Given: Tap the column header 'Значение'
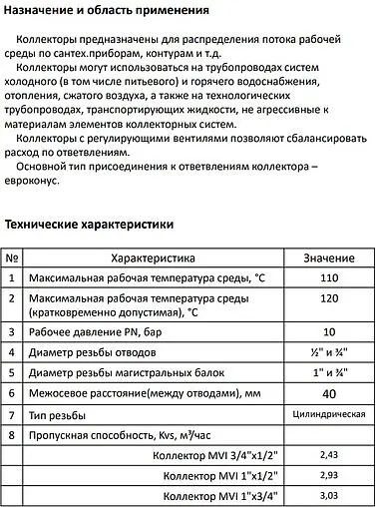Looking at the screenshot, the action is tap(330, 256).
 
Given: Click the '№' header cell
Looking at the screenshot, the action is tap(11, 256).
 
